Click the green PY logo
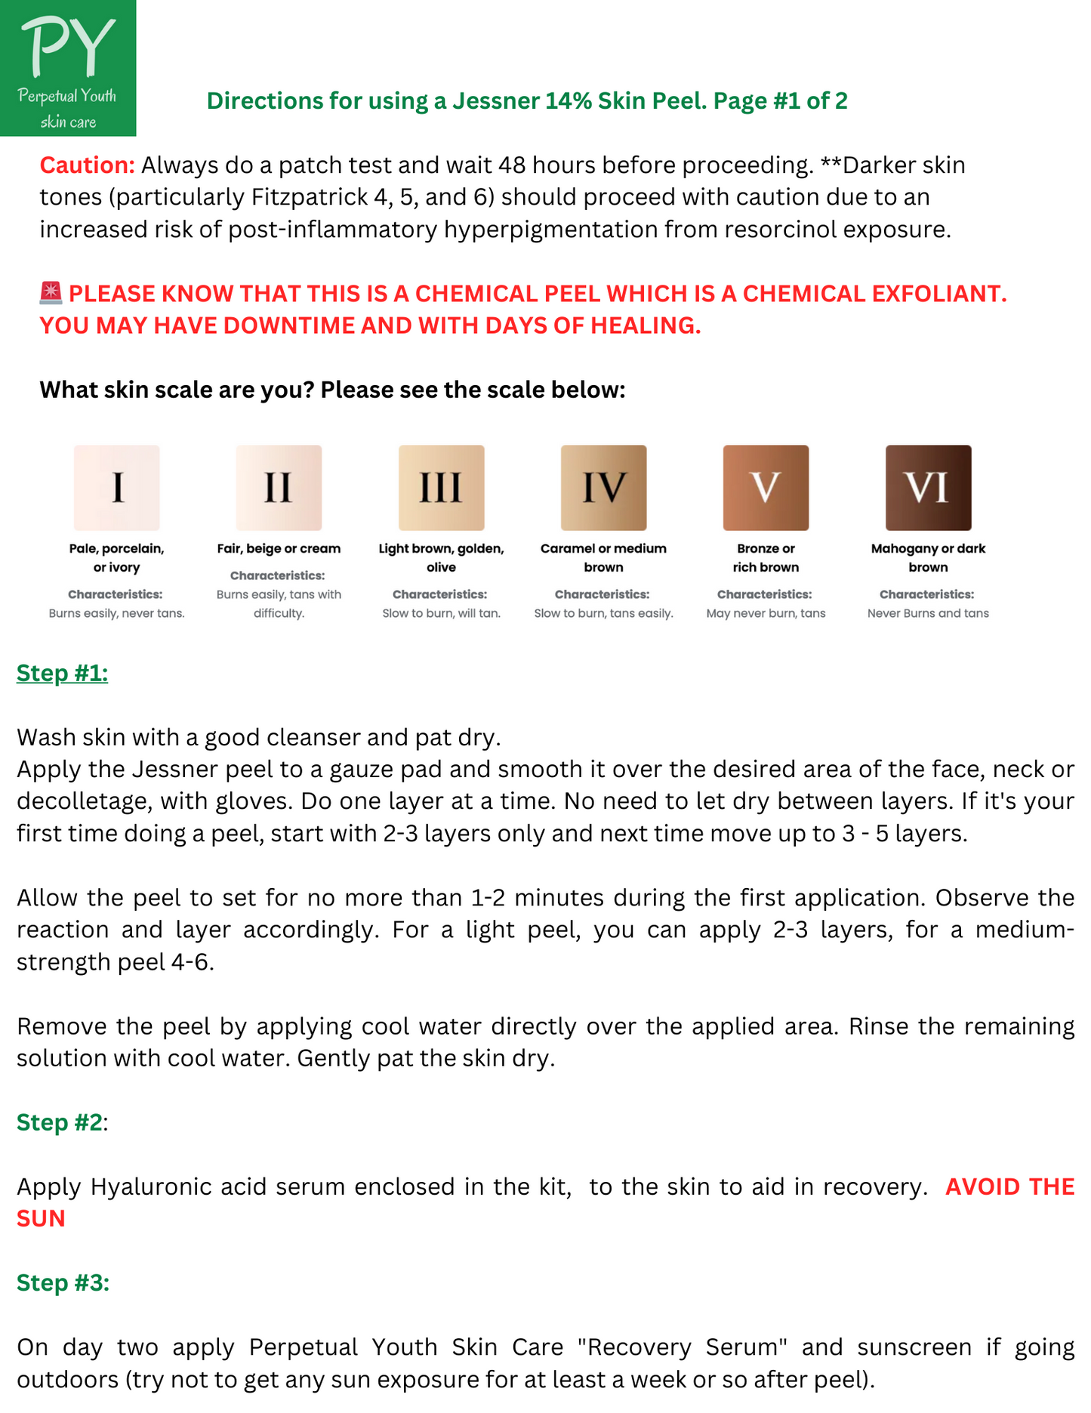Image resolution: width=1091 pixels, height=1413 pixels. click(68, 68)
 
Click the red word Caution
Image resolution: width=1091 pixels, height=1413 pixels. click(87, 165)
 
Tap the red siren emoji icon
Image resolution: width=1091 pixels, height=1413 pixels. click(51, 293)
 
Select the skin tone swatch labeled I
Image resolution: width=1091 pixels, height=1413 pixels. click(117, 488)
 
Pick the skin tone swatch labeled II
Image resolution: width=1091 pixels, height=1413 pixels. click(279, 488)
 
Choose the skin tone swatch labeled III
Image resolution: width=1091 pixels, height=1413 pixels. click(441, 488)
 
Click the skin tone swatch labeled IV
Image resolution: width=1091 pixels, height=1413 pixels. click(603, 488)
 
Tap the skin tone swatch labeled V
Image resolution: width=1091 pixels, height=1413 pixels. click(766, 488)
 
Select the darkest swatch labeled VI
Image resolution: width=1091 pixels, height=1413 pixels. click(928, 488)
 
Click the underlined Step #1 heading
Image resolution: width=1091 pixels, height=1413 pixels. click(63, 673)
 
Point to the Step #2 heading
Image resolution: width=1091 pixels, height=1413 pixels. click(60, 1122)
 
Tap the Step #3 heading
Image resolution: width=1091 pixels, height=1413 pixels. click(63, 1283)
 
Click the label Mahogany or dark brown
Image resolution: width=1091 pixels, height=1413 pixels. click(928, 558)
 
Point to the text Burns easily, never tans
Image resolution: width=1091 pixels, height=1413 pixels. click(117, 613)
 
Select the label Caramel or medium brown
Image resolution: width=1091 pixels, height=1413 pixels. click(603, 558)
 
